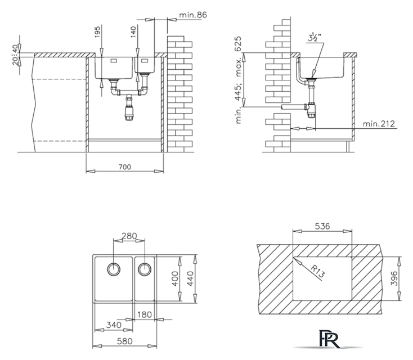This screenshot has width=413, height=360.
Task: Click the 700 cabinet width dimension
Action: click(125, 167)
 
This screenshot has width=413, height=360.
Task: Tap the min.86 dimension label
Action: click(193, 15)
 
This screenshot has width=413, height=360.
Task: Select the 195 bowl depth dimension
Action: click(97, 31)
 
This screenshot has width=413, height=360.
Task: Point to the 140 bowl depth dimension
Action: click(133, 31)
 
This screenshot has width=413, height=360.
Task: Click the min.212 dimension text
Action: click(379, 124)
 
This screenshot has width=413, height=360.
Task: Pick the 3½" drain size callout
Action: click(314, 38)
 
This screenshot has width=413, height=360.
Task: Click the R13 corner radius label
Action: click(318, 271)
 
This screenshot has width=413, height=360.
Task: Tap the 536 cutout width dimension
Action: click(322, 226)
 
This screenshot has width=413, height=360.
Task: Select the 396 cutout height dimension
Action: click(394, 278)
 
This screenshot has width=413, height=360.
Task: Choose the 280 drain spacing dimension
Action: click(129, 236)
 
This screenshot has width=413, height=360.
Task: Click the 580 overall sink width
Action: click(124, 341)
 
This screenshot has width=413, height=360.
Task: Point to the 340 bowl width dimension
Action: click(114, 325)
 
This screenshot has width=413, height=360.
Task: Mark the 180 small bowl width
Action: click(145, 314)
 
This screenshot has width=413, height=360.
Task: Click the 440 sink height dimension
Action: click(190, 278)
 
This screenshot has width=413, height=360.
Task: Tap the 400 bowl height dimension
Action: click(174, 279)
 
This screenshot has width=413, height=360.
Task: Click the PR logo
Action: click(329, 339)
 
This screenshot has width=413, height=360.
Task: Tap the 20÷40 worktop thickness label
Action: click(16, 55)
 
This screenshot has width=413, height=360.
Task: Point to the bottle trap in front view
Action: click(129, 107)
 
